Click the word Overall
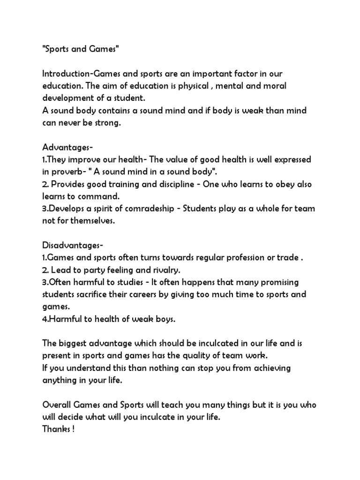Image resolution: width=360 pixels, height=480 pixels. [57, 404]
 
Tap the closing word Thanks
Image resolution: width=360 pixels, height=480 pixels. [56, 428]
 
